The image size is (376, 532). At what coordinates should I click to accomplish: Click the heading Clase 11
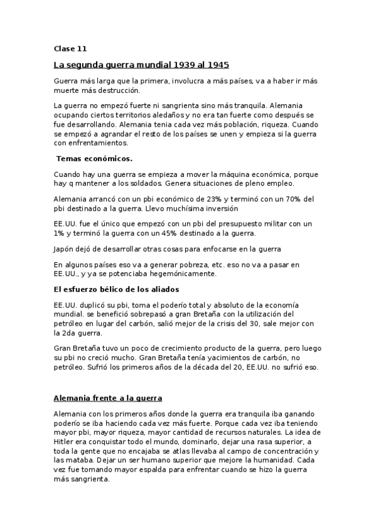70,48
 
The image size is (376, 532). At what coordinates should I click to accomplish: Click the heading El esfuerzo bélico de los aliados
117,289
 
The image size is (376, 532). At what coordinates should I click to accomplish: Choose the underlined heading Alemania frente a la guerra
108,398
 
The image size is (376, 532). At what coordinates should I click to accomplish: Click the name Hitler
65,442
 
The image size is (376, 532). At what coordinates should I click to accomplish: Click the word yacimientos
215,358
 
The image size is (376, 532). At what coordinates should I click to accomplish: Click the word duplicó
93,305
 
